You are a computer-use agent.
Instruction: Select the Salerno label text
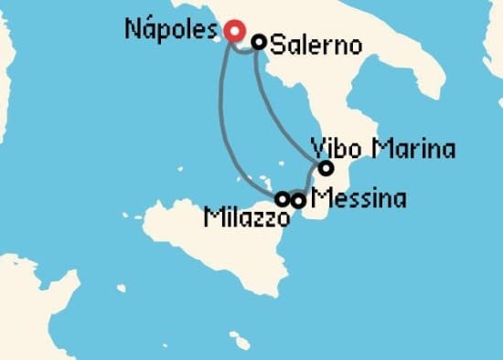coord(316,44)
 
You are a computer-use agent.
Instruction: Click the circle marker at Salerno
coord(259,41)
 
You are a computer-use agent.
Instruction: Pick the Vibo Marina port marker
coord(326,168)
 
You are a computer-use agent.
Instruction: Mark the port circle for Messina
coord(298,199)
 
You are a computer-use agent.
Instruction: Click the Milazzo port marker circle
coord(283,198)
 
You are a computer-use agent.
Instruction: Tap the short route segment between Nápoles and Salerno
coord(244,48)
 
